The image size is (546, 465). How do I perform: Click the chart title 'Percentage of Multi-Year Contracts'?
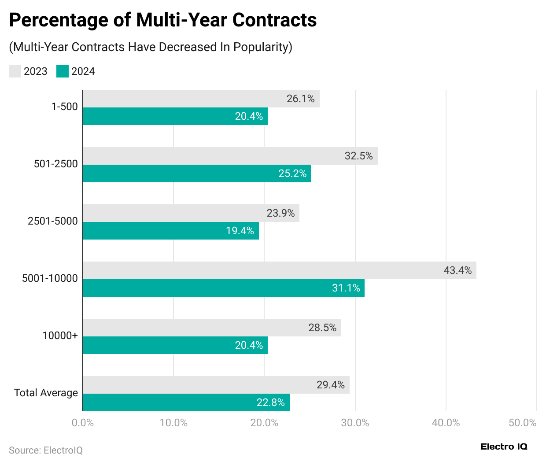(x=162, y=20)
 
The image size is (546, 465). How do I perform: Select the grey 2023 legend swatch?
(x=15, y=71)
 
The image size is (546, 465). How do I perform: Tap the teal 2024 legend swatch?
(x=63, y=71)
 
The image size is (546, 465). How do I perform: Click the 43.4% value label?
(x=457, y=270)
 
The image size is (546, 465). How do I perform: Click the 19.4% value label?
(x=240, y=231)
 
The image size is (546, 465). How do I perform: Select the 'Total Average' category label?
(x=46, y=393)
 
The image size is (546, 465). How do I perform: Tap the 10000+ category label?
(x=60, y=336)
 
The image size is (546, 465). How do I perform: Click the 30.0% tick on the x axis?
(x=355, y=423)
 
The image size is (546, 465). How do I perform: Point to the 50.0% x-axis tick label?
(x=522, y=423)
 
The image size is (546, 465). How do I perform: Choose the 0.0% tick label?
(x=83, y=423)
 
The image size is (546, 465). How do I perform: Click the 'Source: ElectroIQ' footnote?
(x=46, y=450)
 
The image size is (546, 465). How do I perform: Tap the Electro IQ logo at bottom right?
(x=504, y=447)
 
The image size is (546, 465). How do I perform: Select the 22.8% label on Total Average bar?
(x=270, y=402)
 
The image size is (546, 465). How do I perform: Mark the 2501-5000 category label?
(x=52, y=221)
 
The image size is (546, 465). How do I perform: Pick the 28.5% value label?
(x=322, y=328)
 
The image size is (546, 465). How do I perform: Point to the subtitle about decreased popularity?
(x=151, y=47)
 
